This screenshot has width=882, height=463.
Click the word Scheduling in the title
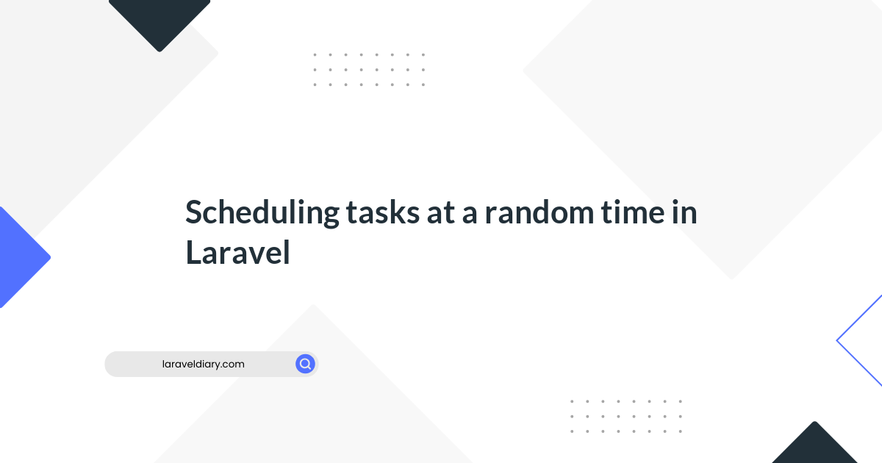pyautogui.click(x=262, y=213)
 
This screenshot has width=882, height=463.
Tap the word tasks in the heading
pyautogui.click(x=383, y=212)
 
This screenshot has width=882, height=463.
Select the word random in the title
pyautogui.click(x=539, y=212)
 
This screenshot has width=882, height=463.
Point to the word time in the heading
pyautogui.click(x=633, y=212)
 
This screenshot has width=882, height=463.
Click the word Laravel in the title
pyautogui.click(x=238, y=252)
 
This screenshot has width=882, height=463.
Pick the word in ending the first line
pyautogui.click(x=685, y=212)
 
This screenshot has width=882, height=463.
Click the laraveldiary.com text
pyautogui.click(x=203, y=365)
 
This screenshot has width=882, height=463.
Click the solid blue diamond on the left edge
pyautogui.click(x=21, y=257)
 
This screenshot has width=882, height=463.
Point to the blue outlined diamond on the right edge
pyautogui.click(x=858, y=340)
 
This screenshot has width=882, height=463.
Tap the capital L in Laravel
pyautogui.click(x=194, y=252)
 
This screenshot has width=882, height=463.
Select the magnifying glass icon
pyautogui.click(x=305, y=364)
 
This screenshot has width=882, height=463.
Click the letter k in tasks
pyautogui.click(x=401, y=212)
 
